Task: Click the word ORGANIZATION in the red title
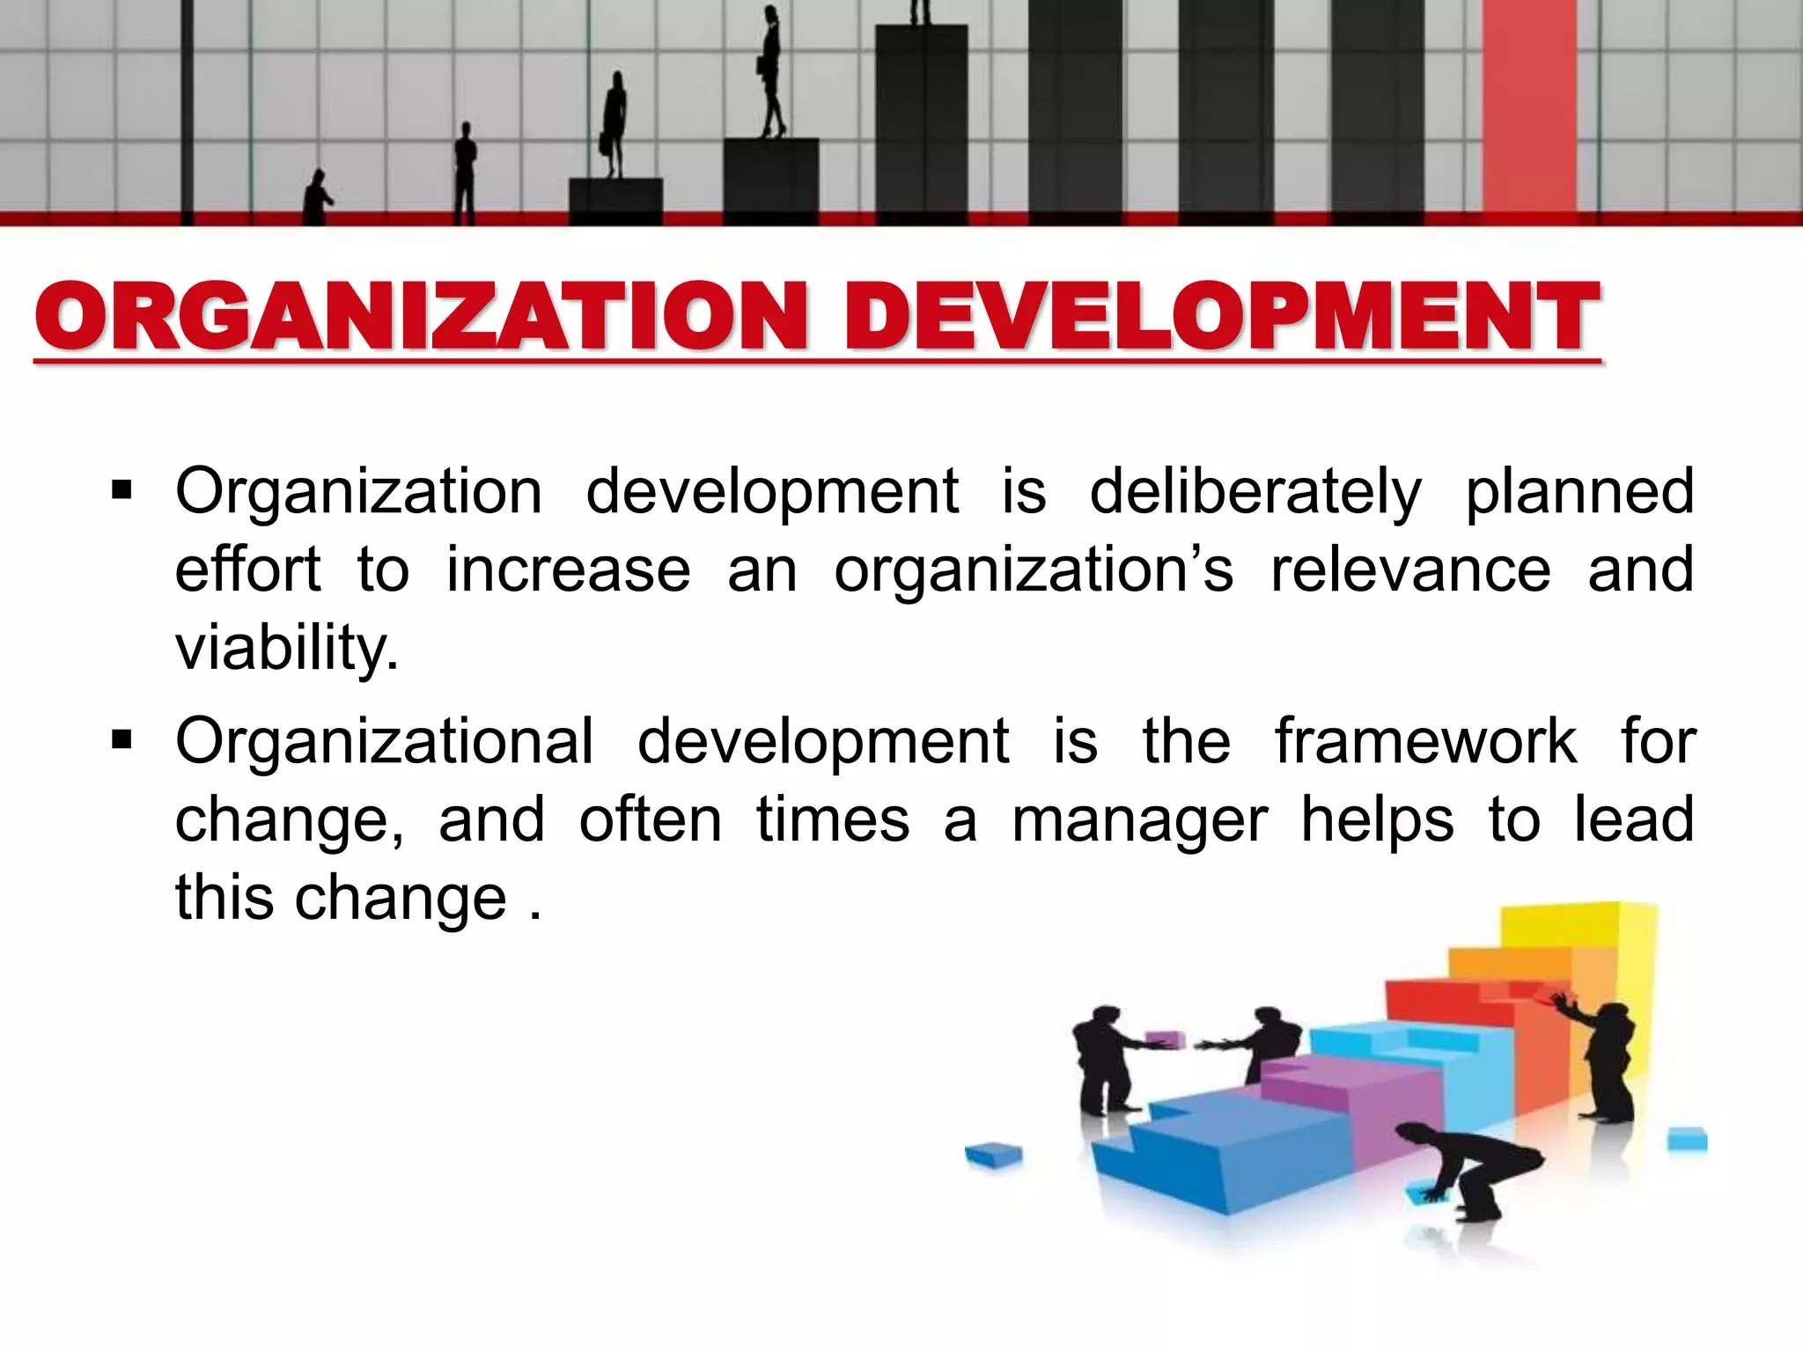point(421,317)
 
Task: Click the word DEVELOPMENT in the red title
point(1222,317)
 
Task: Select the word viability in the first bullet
point(287,648)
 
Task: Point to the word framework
point(1426,741)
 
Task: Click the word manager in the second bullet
point(1140,820)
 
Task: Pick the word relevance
point(1410,569)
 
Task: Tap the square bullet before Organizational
point(121,738)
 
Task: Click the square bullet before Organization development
point(121,489)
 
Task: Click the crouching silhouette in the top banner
point(317,198)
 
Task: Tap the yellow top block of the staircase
point(1576,933)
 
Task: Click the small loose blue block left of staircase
point(993,1154)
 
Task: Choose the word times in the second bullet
point(833,820)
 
